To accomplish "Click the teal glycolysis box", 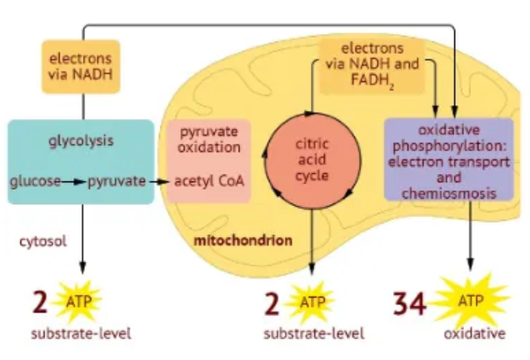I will coord(81,160).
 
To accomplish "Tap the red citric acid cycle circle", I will coord(311,160).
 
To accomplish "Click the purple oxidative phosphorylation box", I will coord(449,159).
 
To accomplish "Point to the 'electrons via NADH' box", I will coord(81,67).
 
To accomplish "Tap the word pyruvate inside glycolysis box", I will coord(116,181).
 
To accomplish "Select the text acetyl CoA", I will coord(211,181).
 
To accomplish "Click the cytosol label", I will coord(42,240).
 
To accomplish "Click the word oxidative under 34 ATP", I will coord(474,334).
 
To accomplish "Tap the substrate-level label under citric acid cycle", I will coord(313,334).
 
